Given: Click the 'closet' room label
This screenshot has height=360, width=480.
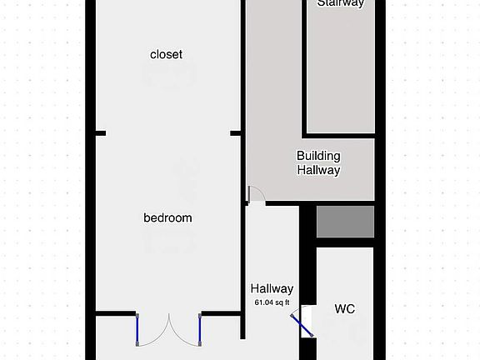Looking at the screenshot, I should tap(166, 54).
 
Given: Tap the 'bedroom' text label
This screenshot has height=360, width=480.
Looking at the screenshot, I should tap(167, 218).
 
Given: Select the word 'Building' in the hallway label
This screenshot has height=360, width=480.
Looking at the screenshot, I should tap(318, 156).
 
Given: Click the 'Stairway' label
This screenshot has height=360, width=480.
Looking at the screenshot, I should tap(339, 3).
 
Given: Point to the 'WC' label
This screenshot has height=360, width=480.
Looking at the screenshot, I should tap(345, 309).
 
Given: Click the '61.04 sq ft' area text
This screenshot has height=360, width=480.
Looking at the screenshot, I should tap(272, 302).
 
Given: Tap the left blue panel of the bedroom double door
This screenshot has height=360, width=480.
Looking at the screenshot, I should tap(137, 330).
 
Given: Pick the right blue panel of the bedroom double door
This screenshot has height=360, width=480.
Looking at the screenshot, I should tap(201, 330).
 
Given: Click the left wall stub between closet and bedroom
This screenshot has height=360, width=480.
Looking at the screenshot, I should tap(99, 132).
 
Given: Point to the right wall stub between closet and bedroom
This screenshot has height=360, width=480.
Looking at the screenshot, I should tap(237, 132).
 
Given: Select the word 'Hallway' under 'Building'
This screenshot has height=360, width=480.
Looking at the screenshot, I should tap(318, 170).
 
